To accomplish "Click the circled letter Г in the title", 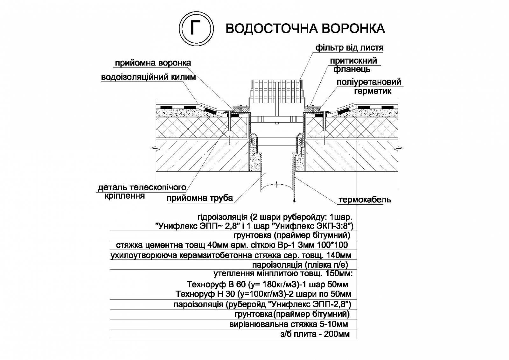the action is (x=196, y=29).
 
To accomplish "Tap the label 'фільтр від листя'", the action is (x=349, y=48).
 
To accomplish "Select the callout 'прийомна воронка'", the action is (x=153, y=63).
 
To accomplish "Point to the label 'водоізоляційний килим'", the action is (x=148, y=77).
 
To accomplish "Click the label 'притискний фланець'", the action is (x=353, y=65).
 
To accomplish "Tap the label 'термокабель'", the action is (x=365, y=200).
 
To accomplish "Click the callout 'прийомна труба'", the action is (x=200, y=198).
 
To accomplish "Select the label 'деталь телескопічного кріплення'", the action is (x=142, y=192).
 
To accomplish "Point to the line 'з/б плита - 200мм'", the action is (x=315, y=334).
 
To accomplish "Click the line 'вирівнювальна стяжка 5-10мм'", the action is (x=289, y=324).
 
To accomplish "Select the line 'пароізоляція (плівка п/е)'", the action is (x=300, y=265).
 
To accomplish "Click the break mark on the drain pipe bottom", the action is (x=276, y=183).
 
